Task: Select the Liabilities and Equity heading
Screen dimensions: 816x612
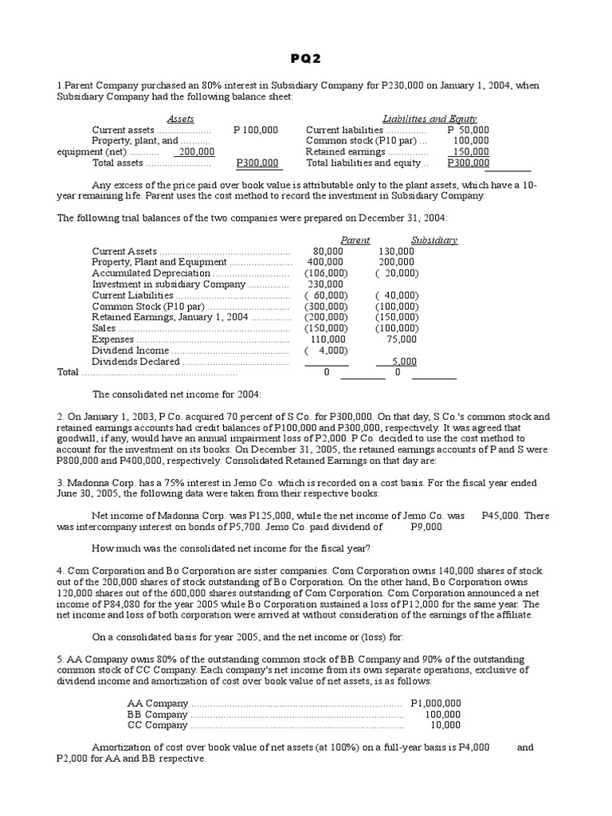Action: pos(430,119)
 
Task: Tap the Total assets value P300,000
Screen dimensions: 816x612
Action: pos(257,163)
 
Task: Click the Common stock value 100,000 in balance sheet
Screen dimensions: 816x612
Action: pos(471,141)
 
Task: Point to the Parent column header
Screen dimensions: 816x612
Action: pos(355,240)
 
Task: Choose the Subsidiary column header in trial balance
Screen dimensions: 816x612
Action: pos(434,240)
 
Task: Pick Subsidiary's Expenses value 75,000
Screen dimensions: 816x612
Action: pos(402,339)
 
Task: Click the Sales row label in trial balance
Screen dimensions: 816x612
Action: pos(104,328)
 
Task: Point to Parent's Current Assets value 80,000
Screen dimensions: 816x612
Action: pos(329,251)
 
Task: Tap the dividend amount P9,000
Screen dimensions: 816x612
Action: pos(427,527)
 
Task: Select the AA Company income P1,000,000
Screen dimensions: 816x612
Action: pos(436,703)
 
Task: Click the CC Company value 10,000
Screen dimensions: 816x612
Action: pos(445,725)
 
